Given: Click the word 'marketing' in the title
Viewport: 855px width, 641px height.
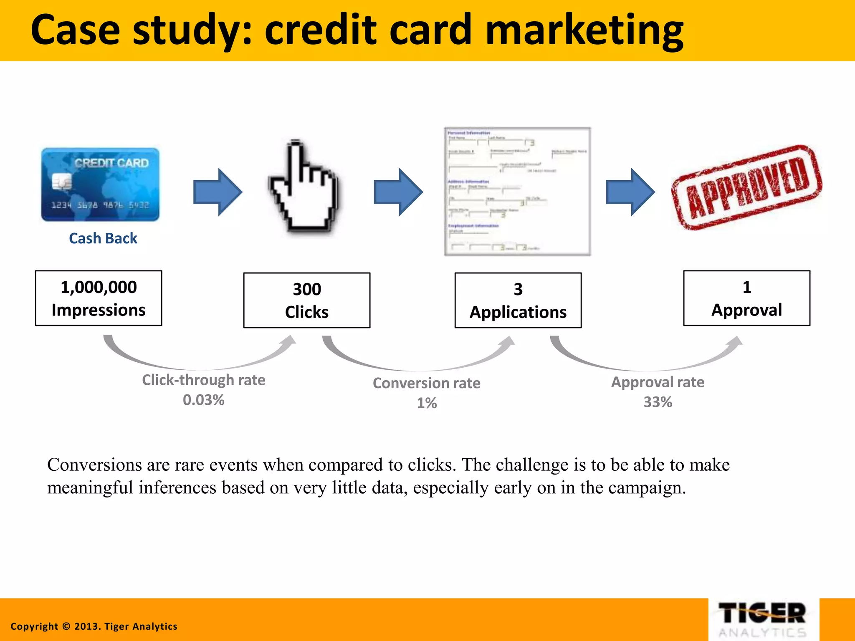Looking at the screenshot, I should (x=584, y=30).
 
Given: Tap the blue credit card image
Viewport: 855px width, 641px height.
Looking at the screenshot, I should (x=100, y=184).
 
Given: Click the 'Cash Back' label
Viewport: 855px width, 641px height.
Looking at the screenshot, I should (x=103, y=238).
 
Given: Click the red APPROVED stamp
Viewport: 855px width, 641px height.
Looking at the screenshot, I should (x=746, y=187).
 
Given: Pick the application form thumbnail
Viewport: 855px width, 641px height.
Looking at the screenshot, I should (x=517, y=191).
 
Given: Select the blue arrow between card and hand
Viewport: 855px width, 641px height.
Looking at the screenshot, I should (x=218, y=192).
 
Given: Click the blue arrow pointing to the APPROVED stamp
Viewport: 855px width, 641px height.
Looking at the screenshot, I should (x=630, y=192).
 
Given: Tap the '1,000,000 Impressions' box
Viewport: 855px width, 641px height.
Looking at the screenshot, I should (x=99, y=298).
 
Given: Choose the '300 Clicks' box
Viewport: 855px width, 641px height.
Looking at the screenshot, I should (x=307, y=300).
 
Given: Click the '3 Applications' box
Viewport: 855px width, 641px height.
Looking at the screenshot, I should (x=518, y=300).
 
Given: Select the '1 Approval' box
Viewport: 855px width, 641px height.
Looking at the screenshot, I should (x=746, y=298).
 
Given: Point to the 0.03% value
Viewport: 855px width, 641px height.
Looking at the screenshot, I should (x=204, y=400).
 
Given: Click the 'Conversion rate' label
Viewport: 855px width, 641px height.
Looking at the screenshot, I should (x=426, y=383).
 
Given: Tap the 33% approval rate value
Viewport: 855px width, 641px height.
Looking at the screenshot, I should (x=658, y=402).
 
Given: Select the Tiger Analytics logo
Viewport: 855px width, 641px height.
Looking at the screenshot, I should (x=763, y=619).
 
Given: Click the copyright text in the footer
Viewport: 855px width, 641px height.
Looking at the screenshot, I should (x=94, y=626).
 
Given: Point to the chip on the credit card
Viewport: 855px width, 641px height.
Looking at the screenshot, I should (x=62, y=182).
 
